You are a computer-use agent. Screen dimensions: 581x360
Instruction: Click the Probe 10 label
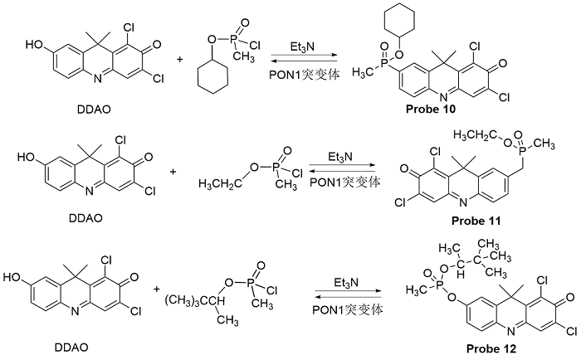[431, 109]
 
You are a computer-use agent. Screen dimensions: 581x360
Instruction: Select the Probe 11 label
[476, 221]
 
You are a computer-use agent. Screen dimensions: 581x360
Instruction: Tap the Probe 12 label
[491, 348]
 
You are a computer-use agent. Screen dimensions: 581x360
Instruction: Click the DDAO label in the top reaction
[94, 109]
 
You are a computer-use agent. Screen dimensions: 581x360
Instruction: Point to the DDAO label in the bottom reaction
[71, 348]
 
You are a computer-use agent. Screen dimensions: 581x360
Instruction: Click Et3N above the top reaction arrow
[302, 47]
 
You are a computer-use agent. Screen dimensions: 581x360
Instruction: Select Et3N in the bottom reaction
[346, 283]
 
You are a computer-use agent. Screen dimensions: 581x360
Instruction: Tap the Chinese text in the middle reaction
[362, 182]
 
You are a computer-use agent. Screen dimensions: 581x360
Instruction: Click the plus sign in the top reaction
[180, 59]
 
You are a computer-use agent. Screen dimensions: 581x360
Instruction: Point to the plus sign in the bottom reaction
[157, 289]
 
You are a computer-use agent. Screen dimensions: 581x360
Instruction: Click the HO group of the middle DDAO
[26, 158]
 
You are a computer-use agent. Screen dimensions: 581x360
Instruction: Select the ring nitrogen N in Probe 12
[510, 331]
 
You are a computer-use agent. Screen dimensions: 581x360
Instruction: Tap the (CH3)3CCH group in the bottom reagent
[195, 300]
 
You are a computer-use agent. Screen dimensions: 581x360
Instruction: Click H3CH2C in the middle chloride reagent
[219, 183]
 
